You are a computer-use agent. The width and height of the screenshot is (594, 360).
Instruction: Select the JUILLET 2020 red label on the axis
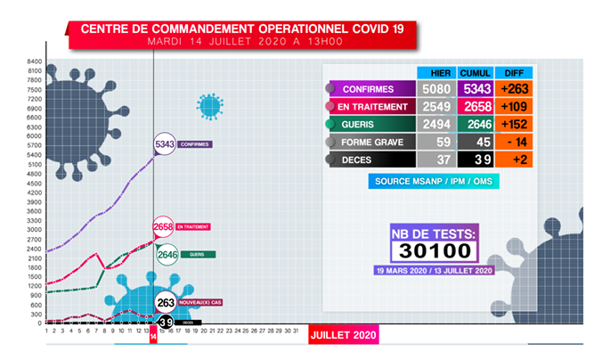coord(344,335)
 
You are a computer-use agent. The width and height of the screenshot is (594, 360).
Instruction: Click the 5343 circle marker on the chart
coord(165,143)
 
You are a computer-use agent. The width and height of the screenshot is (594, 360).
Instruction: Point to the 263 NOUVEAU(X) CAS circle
coord(165,302)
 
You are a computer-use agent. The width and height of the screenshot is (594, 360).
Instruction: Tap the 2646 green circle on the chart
coord(167,255)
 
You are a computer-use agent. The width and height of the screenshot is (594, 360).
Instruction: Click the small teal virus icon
coord(209,107)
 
